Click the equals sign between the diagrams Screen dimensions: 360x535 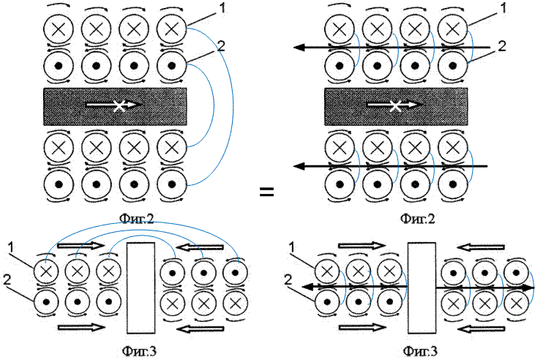(x=267, y=192)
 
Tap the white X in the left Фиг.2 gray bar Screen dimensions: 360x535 (x=119, y=105)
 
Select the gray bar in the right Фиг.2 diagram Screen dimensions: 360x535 (x=396, y=106)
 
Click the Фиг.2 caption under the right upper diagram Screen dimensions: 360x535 (x=417, y=218)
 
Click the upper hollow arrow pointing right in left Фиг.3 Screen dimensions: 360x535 (x=76, y=245)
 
